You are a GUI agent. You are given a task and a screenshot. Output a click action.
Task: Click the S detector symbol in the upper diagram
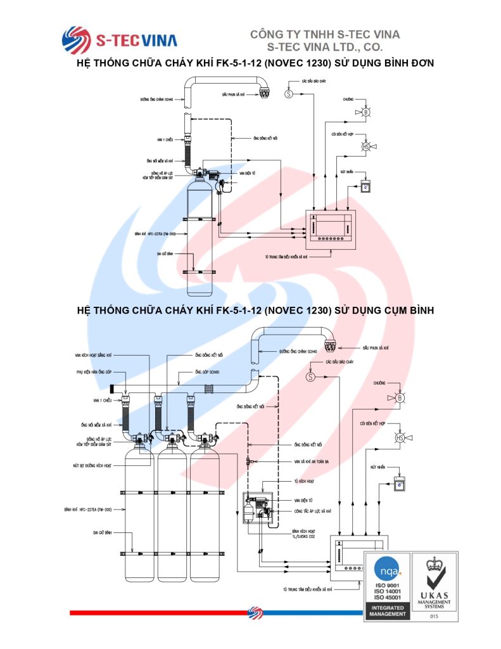(288, 94)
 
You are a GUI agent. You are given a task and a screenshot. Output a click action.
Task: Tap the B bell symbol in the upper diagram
(365, 112)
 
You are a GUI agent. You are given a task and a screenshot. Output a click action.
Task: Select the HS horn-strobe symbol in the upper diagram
(365, 147)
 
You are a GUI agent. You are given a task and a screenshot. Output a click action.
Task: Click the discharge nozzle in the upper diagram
(264, 91)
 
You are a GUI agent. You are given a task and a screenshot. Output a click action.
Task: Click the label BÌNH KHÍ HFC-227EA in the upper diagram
(155, 233)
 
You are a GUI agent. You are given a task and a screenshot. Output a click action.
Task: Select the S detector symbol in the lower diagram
(310, 376)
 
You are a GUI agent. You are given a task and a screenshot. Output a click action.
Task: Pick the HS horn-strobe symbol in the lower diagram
(400, 438)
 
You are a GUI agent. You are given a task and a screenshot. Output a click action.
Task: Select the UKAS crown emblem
(434, 563)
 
